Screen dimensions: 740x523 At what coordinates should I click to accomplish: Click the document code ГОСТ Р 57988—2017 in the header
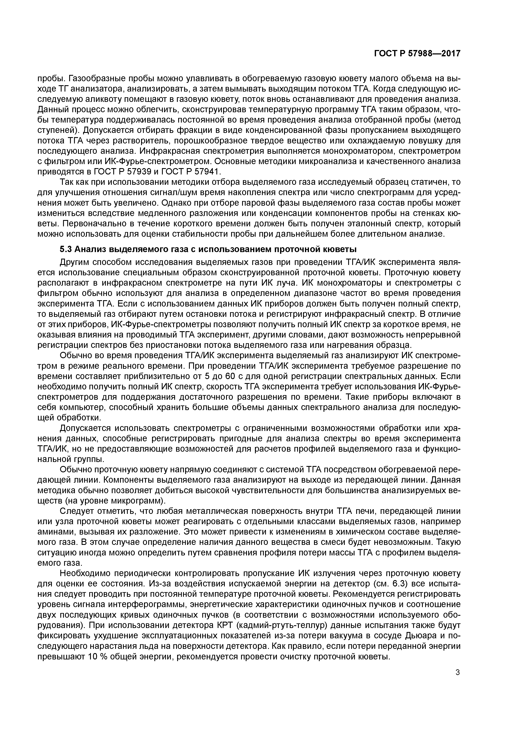417,54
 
